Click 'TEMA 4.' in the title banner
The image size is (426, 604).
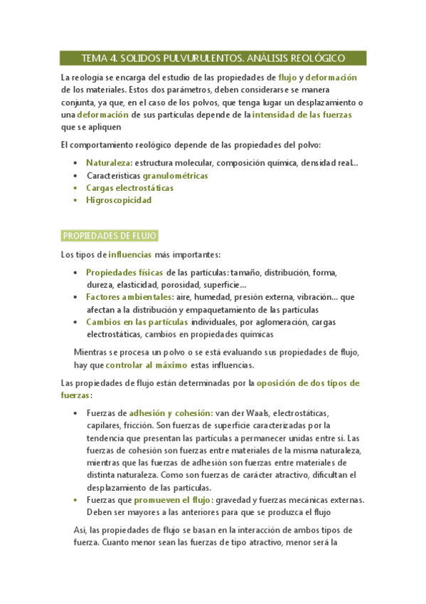click(98, 58)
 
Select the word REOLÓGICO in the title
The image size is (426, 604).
click(315, 58)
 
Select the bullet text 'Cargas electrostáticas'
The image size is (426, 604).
click(129, 188)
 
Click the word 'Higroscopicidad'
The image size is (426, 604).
click(118, 200)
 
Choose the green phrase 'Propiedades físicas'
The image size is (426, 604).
click(124, 272)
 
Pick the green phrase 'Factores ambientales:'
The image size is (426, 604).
click(129, 297)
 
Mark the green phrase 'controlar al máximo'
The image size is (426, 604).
click(147, 365)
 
